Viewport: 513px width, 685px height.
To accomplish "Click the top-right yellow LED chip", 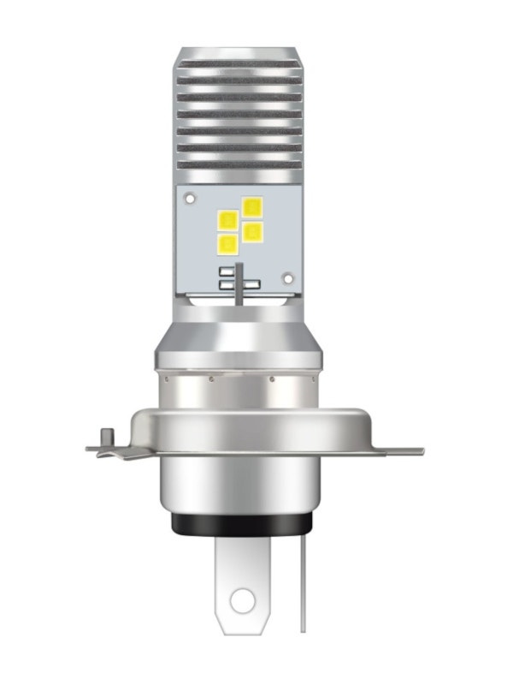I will point(252,206).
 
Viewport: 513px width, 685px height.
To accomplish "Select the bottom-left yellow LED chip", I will point(228,245).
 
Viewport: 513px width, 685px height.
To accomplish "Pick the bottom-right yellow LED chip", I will point(252,231).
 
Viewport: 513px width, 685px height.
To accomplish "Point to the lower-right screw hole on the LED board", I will point(288,278).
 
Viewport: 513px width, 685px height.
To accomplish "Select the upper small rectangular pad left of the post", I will point(226,271).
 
